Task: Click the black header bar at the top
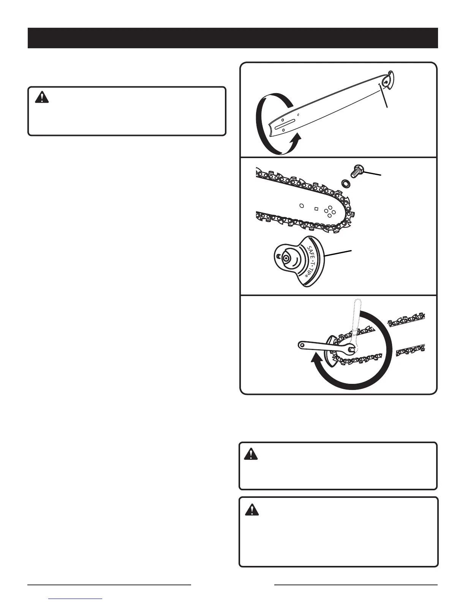[x=232, y=38]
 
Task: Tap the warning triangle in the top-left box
[x=39, y=98]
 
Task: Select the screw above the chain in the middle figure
[x=358, y=171]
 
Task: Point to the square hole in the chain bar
[x=316, y=208]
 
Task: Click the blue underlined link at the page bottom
[x=76, y=599]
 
